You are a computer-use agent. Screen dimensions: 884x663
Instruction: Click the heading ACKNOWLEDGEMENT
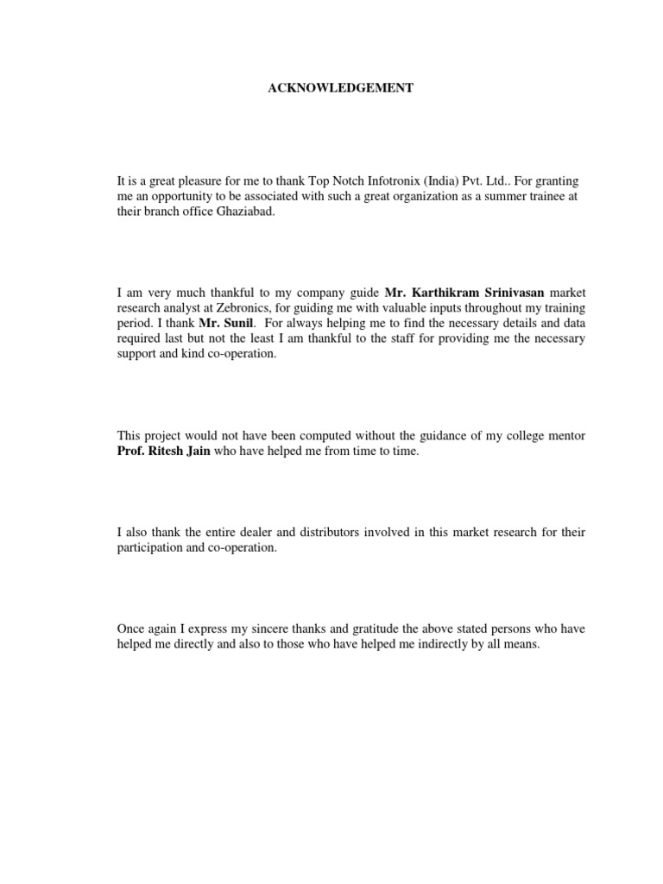tap(332, 88)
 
